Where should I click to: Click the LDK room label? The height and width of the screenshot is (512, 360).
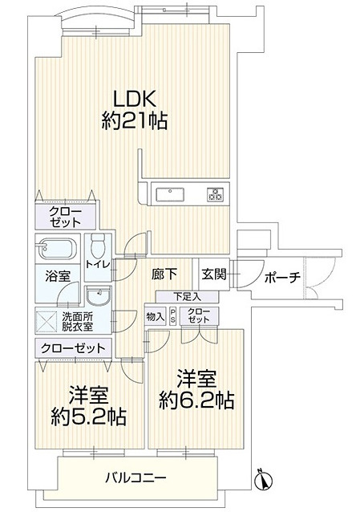pos(134,98)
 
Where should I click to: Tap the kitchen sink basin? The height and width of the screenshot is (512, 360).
pos(170,195)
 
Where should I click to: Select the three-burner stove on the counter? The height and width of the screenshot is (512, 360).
pos(215,194)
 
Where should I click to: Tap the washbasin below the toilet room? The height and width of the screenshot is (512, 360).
pos(99,295)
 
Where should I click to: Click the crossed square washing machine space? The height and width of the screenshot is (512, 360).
pos(47,322)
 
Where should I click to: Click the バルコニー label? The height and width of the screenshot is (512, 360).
pos(136,478)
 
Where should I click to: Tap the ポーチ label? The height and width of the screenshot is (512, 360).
pos(282,278)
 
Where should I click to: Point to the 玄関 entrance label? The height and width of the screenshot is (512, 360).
pos(214,274)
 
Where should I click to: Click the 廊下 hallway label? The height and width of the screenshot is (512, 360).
pos(164,274)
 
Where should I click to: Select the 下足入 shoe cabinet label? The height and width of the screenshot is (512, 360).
pos(187,297)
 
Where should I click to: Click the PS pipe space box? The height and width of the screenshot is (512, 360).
pos(172,316)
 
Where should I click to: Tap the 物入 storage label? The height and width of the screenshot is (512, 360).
pos(156,316)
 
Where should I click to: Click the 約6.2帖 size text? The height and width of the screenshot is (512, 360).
pos(196,400)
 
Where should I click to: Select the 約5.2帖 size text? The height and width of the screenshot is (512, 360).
pos(88,417)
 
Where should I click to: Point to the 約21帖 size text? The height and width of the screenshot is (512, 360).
pos(135,121)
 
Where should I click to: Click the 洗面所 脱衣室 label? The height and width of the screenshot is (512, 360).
pos(77,322)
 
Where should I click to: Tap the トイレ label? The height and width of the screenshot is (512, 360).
pos(98,264)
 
